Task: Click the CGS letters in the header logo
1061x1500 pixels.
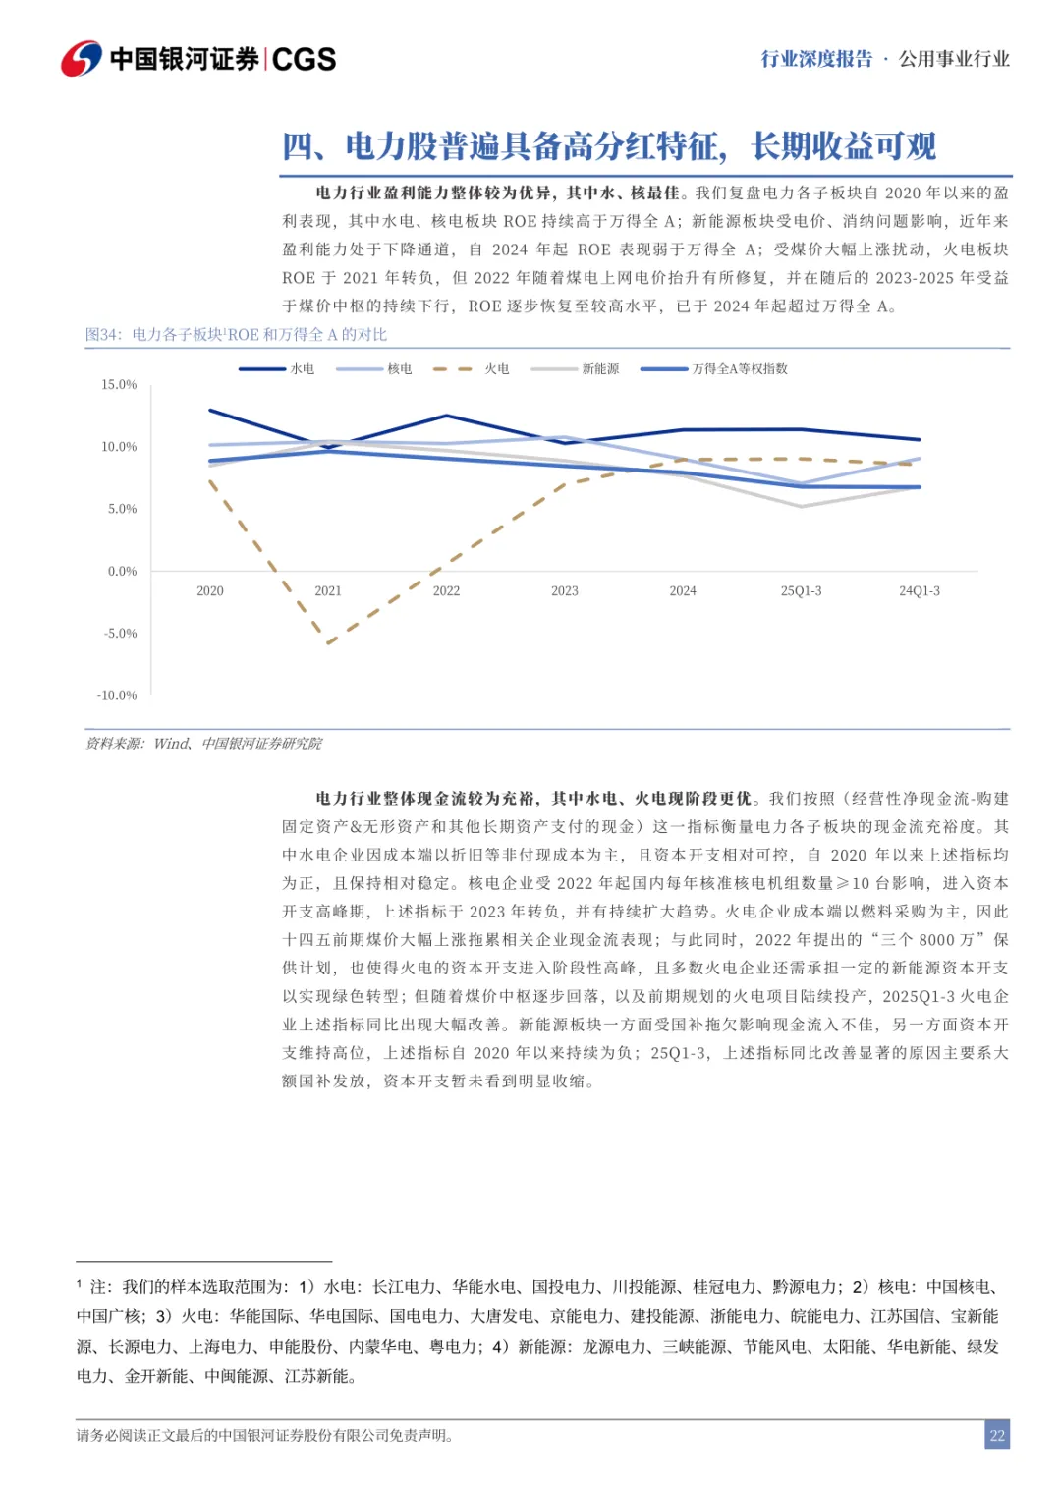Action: pos(304,59)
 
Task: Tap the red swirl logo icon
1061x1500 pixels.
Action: pos(82,59)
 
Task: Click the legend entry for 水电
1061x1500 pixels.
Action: pos(277,369)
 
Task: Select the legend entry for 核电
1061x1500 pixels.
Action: pos(374,369)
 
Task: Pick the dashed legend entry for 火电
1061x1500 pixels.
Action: pos(472,369)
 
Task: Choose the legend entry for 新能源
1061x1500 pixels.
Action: pos(576,369)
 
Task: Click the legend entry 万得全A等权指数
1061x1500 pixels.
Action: pos(714,369)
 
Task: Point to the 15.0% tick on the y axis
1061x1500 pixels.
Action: pos(119,385)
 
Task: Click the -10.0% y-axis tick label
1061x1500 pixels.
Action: pos(117,695)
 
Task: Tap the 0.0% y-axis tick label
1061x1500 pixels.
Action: pos(122,572)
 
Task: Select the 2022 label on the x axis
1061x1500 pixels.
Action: pos(446,591)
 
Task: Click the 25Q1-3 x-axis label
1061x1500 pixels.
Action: pos(801,591)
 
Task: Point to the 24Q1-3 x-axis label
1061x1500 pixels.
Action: pos(920,591)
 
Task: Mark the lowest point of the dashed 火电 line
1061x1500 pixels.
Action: pos(328,643)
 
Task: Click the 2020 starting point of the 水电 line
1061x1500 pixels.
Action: pos(210,411)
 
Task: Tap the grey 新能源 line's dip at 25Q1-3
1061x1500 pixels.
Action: pos(801,507)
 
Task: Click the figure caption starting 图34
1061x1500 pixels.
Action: pos(236,335)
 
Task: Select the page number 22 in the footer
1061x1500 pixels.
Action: pos(997,1436)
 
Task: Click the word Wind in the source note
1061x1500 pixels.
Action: pos(171,744)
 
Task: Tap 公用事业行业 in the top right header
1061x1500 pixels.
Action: pos(954,59)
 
